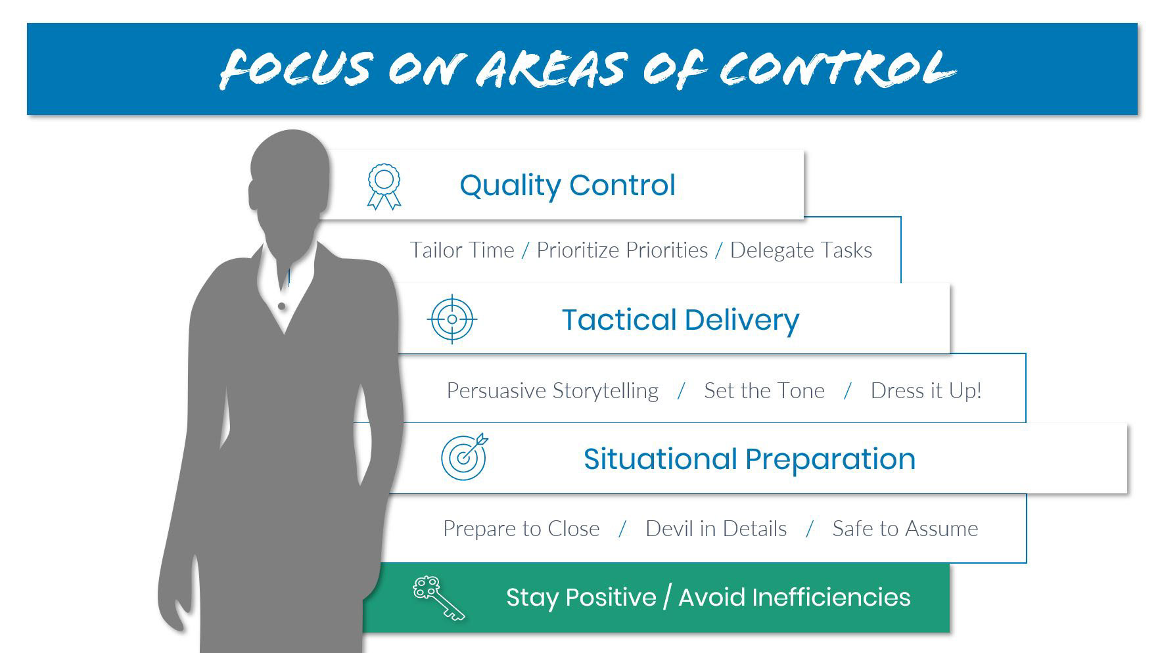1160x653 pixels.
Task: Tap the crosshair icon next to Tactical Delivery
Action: coord(452,319)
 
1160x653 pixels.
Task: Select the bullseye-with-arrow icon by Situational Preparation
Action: coord(465,456)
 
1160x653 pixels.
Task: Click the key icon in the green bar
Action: coord(438,598)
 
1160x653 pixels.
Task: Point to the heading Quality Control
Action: coord(567,185)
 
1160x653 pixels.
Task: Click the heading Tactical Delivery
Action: coord(680,320)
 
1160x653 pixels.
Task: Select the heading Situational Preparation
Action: coord(749,459)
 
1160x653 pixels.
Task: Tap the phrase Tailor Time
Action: coord(462,250)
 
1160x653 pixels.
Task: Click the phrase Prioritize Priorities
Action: coord(622,250)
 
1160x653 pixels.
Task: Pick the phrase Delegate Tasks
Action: coord(801,250)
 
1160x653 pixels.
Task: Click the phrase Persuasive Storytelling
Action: coord(553,391)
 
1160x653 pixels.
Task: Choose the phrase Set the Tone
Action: coord(764,391)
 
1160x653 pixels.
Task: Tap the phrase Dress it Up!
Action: coord(926,391)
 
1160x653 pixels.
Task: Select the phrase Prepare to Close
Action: coord(521,529)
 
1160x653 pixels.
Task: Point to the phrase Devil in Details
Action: coord(716,529)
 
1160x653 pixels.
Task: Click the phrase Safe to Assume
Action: coord(905,529)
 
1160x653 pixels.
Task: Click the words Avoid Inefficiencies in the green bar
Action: coord(794,597)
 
